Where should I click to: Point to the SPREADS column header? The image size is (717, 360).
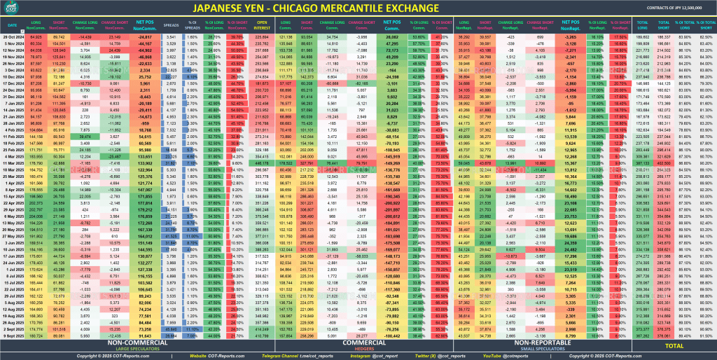(171, 25)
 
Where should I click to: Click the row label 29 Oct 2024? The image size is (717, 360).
(13, 36)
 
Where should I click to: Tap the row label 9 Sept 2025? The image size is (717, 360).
(13, 335)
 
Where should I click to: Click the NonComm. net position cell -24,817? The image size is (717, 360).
(145, 36)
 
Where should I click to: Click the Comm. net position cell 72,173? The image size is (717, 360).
(396, 50)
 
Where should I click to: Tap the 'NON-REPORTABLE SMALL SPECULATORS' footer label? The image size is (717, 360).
(541, 345)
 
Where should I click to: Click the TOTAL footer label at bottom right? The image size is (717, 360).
(674, 345)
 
